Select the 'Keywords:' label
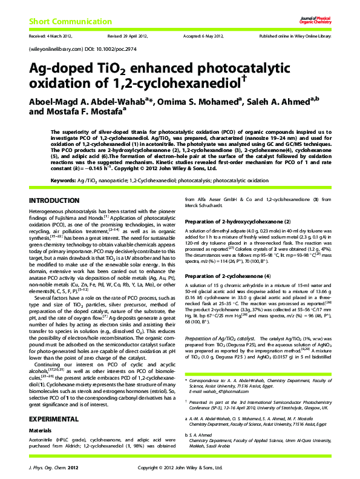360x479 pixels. pyautogui.click(x=63, y=180)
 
